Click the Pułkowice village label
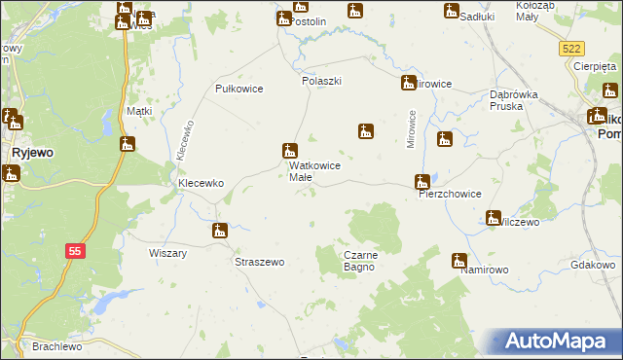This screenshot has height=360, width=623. [x=238, y=89]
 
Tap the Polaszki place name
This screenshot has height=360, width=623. [x=321, y=81]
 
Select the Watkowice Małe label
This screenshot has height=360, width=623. [x=314, y=171]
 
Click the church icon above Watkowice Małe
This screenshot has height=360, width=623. [x=289, y=151]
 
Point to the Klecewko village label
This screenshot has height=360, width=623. [x=200, y=182]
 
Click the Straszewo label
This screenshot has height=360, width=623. [x=260, y=262]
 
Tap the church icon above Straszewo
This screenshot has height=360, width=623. [x=220, y=232]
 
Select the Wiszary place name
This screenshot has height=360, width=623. [x=167, y=253]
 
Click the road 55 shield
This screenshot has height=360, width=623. [x=75, y=250]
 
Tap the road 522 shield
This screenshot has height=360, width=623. [x=572, y=49]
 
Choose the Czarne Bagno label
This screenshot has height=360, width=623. [x=366, y=261]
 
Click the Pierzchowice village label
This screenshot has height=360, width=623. [x=450, y=194]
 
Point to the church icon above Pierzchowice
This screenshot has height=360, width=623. [x=421, y=181]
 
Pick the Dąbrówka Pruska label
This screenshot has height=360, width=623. [x=514, y=100]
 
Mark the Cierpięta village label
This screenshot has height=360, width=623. [x=595, y=66]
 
